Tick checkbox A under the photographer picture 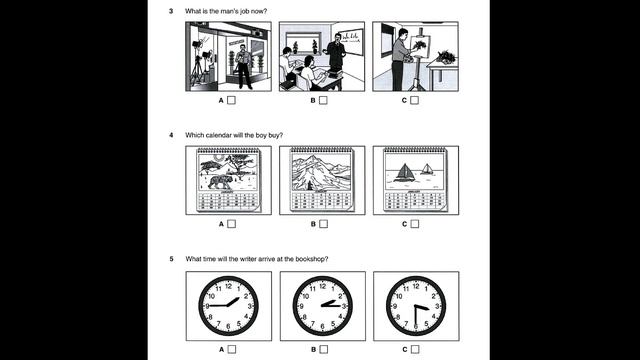point(232,101)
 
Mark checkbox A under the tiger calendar point(232,224)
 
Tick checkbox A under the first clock point(232,349)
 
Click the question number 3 point(171,10)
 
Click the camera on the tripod point(198,47)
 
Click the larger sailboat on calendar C point(403,172)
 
